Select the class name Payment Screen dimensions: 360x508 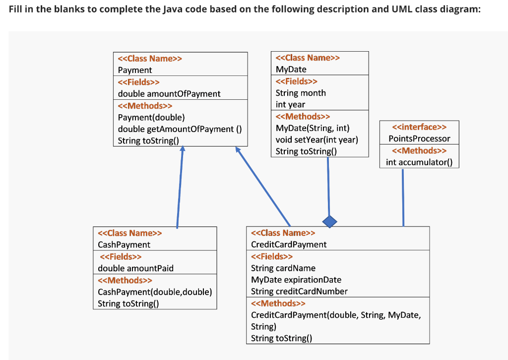click(x=135, y=70)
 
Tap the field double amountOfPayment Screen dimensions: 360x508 click(x=169, y=93)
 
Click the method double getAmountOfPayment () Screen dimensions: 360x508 click(x=180, y=129)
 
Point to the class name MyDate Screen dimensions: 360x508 click(x=291, y=70)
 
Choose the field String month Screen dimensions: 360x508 click(x=301, y=93)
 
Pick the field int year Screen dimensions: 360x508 click(x=290, y=104)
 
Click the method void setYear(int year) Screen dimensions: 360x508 click(x=317, y=140)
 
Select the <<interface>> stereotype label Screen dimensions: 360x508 click(x=419, y=127)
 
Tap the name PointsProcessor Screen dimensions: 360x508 click(x=419, y=139)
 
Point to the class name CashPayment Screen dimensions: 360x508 click(x=124, y=244)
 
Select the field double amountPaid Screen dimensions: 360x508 click(x=136, y=268)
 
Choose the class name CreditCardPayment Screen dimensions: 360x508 click(x=289, y=244)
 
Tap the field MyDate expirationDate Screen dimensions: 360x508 click(x=296, y=280)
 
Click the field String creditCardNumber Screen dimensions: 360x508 click(x=299, y=291)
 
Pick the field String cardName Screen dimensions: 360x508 click(x=283, y=268)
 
